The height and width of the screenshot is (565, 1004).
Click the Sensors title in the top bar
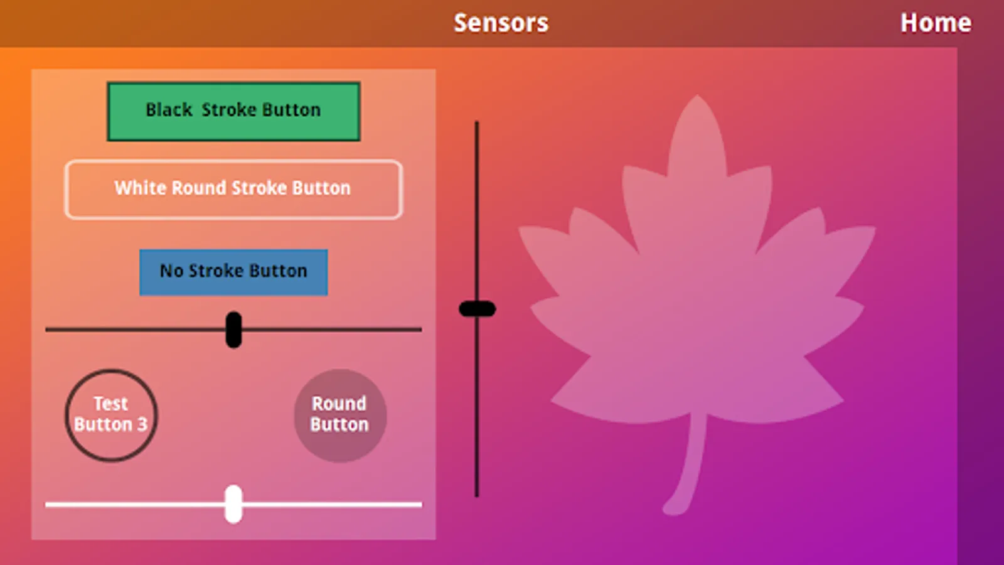click(x=501, y=23)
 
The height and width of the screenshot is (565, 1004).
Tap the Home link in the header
click(x=936, y=23)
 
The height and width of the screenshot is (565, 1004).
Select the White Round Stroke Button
click(x=233, y=189)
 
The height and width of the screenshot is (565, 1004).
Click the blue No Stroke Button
click(x=233, y=272)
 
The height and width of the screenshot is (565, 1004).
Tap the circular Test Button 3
click(x=111, y=415)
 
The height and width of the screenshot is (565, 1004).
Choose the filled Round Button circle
click(x=340, y=415)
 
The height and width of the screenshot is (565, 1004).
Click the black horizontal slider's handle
click(x=233, y=330)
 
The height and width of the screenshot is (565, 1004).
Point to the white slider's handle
click(x=233, y=503)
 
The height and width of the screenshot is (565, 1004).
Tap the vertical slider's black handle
click(x=478, y=309)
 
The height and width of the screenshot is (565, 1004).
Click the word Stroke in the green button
click(x=229, y=110)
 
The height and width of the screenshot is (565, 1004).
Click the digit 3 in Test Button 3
click(x=142, y=424)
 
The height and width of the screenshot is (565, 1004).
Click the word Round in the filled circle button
click(x=339, y=403)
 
